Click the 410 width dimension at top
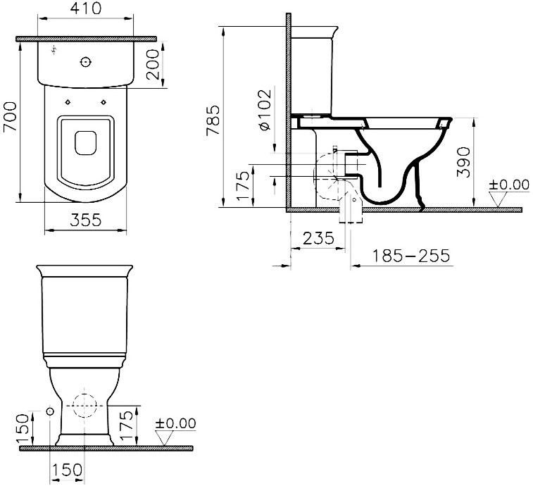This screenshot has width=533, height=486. click(x=86, y=8)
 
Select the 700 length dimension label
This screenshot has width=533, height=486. click(x=10, y=117)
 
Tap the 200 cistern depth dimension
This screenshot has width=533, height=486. click(x=153, y=64)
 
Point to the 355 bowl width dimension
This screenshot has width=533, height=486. click(x=86, y=220)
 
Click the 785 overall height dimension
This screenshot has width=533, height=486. click(x=213, y=120)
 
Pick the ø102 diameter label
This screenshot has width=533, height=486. click(x=265, y=109)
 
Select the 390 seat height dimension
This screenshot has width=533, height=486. click(x=464, y=162)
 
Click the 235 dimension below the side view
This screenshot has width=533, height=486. click(x=318, y=238)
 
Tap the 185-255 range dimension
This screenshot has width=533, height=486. click(x=411, y=256)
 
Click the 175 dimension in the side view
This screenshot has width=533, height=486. click(x=244, y=186)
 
